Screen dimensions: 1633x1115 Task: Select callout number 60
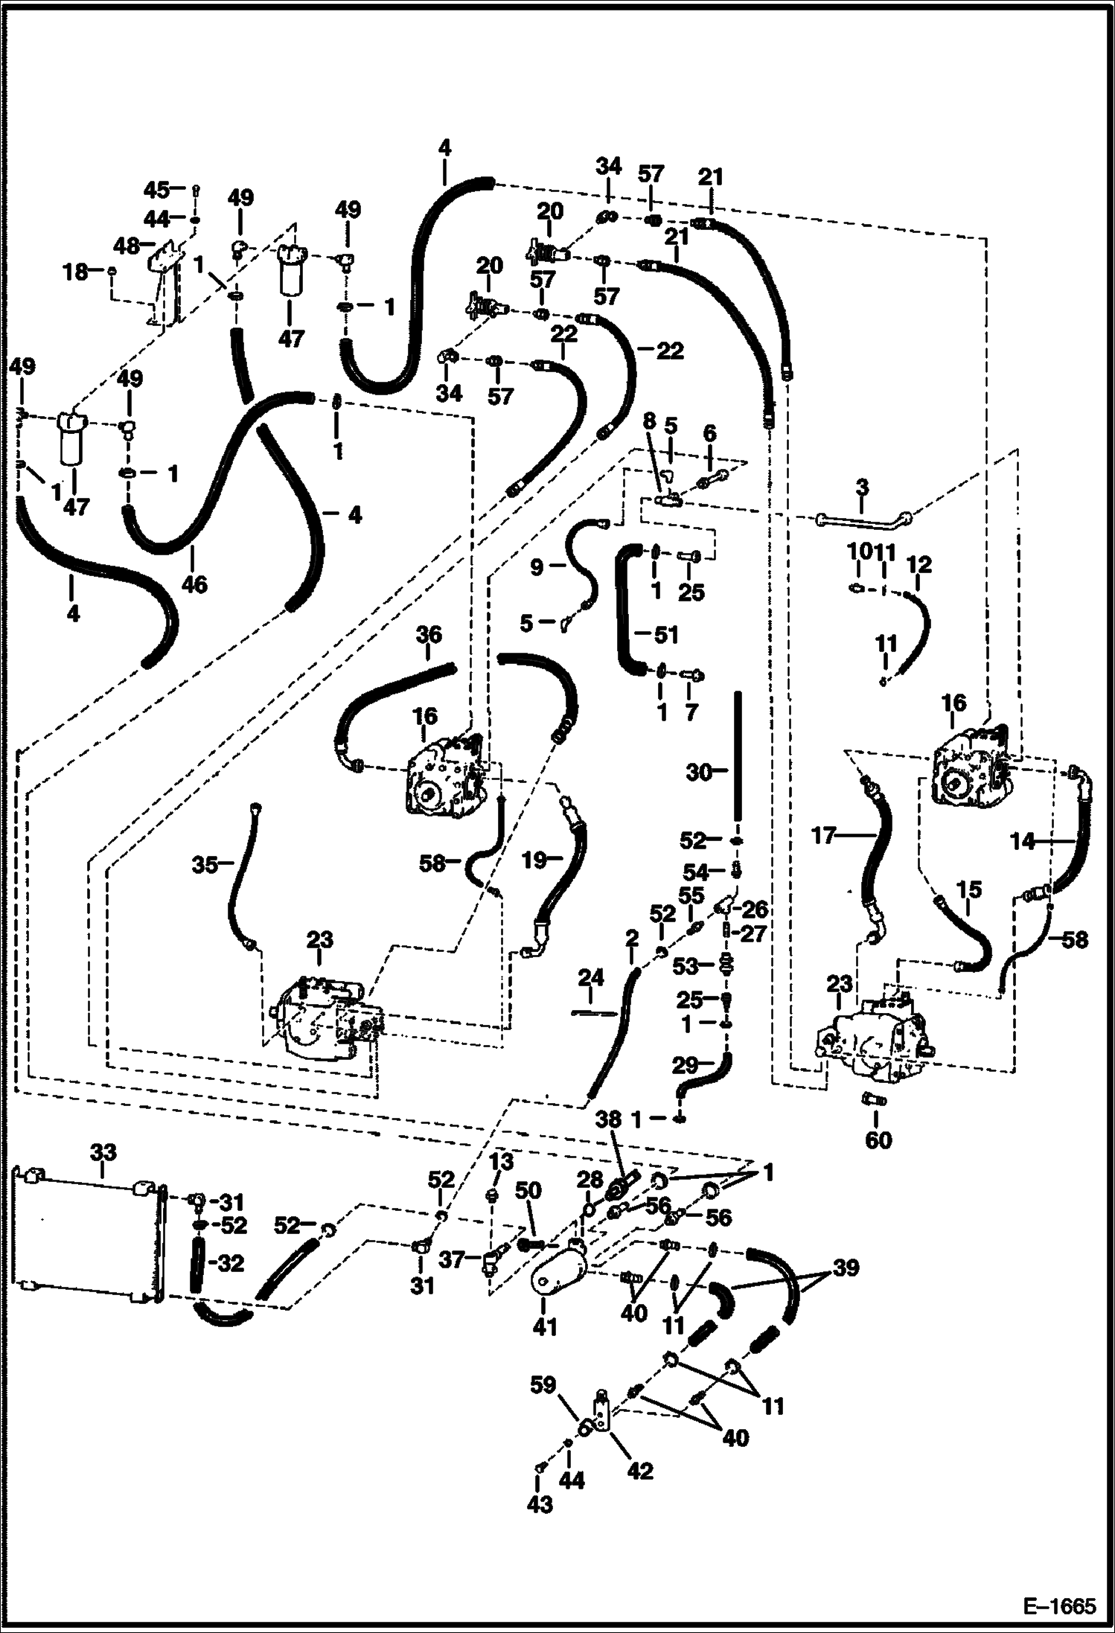[878, 1140]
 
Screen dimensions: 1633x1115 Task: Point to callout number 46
[195, 584]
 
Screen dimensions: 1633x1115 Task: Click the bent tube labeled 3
[863, 520]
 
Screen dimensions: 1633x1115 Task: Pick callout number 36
[428, 635]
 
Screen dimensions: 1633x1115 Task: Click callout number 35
[205, 865]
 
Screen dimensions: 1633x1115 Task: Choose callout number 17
[825, 837]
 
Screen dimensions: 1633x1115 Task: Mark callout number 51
[665, 635]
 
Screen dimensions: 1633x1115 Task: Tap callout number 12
[920, 565]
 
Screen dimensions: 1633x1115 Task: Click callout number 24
[590, 977]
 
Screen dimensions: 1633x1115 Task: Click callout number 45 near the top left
[155, 189]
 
